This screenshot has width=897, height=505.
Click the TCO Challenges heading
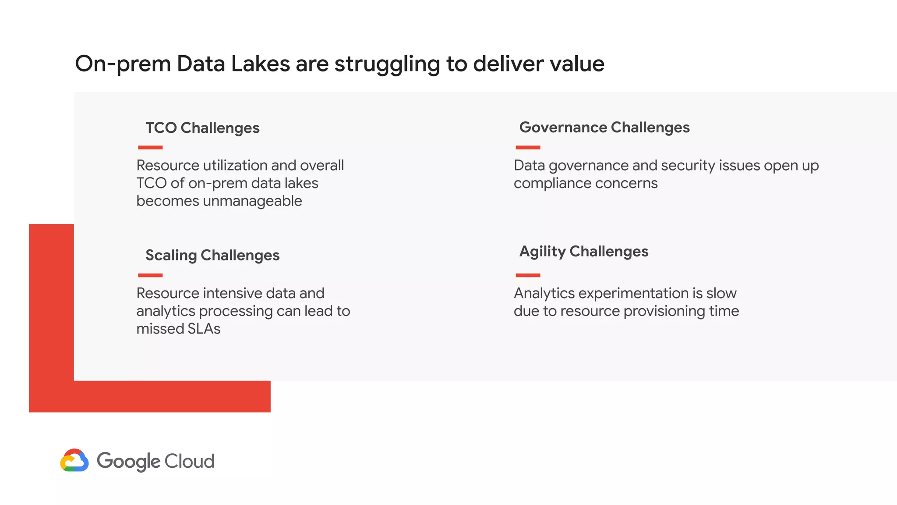202,128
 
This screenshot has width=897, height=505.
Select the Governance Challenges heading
604,128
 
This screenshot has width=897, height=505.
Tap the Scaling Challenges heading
212,255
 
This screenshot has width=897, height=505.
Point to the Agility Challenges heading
584,252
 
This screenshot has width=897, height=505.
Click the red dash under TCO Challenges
150,148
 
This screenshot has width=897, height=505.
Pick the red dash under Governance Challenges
528,148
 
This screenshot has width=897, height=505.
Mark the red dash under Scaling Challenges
150,275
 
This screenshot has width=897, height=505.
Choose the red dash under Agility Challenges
528,275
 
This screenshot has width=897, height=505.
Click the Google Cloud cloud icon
74,460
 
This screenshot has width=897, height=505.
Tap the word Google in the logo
128,462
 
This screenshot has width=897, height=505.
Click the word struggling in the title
387,64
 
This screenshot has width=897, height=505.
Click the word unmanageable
252,201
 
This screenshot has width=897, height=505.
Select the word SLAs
204,329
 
